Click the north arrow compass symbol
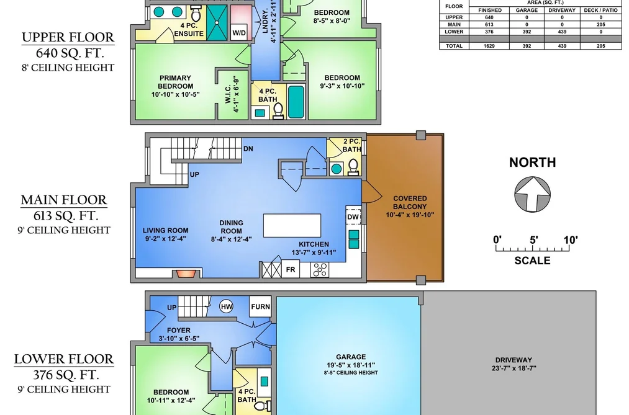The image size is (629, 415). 532,194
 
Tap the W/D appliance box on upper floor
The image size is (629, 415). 239,33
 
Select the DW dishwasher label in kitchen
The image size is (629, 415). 353,216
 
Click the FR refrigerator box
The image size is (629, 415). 291,270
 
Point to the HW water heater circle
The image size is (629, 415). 226,307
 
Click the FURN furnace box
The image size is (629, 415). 260,306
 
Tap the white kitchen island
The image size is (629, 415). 292,226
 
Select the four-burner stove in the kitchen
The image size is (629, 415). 320,270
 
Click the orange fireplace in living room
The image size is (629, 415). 186,274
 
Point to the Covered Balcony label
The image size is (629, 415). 410,207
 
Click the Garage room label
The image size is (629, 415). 351,357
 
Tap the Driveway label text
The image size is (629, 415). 514,360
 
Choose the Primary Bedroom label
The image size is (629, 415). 175,82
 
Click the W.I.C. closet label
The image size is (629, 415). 229,93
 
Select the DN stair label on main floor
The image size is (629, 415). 248,149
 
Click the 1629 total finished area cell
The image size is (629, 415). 489,46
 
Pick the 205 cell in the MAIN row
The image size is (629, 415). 600,24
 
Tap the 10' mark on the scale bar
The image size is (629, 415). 571,240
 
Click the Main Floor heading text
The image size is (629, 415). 64,200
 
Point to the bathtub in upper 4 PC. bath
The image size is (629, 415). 296,102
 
